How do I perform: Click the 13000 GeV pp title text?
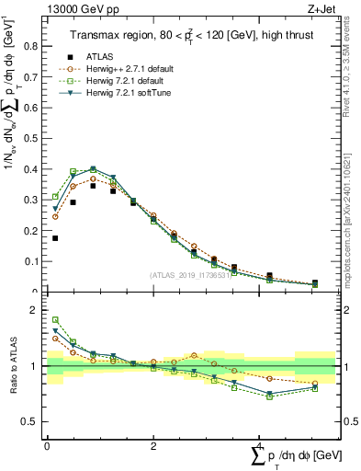[80, 8]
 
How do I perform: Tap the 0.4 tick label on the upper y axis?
[32, 169]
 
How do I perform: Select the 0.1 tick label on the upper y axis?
[32, 261]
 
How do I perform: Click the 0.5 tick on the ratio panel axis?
[35, 421]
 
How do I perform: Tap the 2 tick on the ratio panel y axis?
[38, 310]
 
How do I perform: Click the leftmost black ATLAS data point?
[55, 238]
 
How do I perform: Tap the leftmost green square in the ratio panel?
[55, 319]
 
